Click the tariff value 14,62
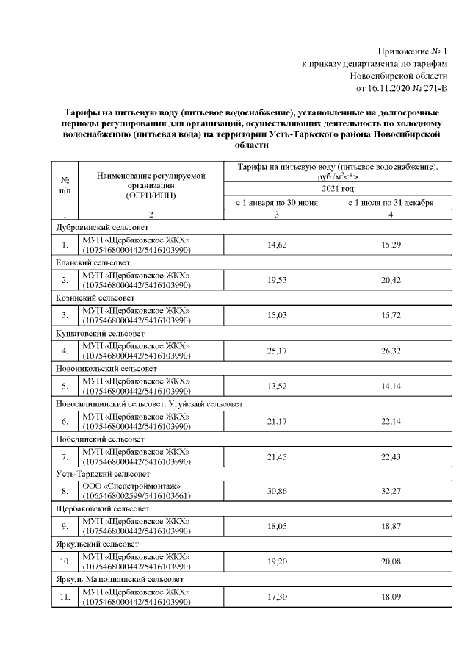pos(277,245)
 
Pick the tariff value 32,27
pos(391,492)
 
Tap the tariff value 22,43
pos(391,456)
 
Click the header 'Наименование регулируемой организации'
pos(151,181)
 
